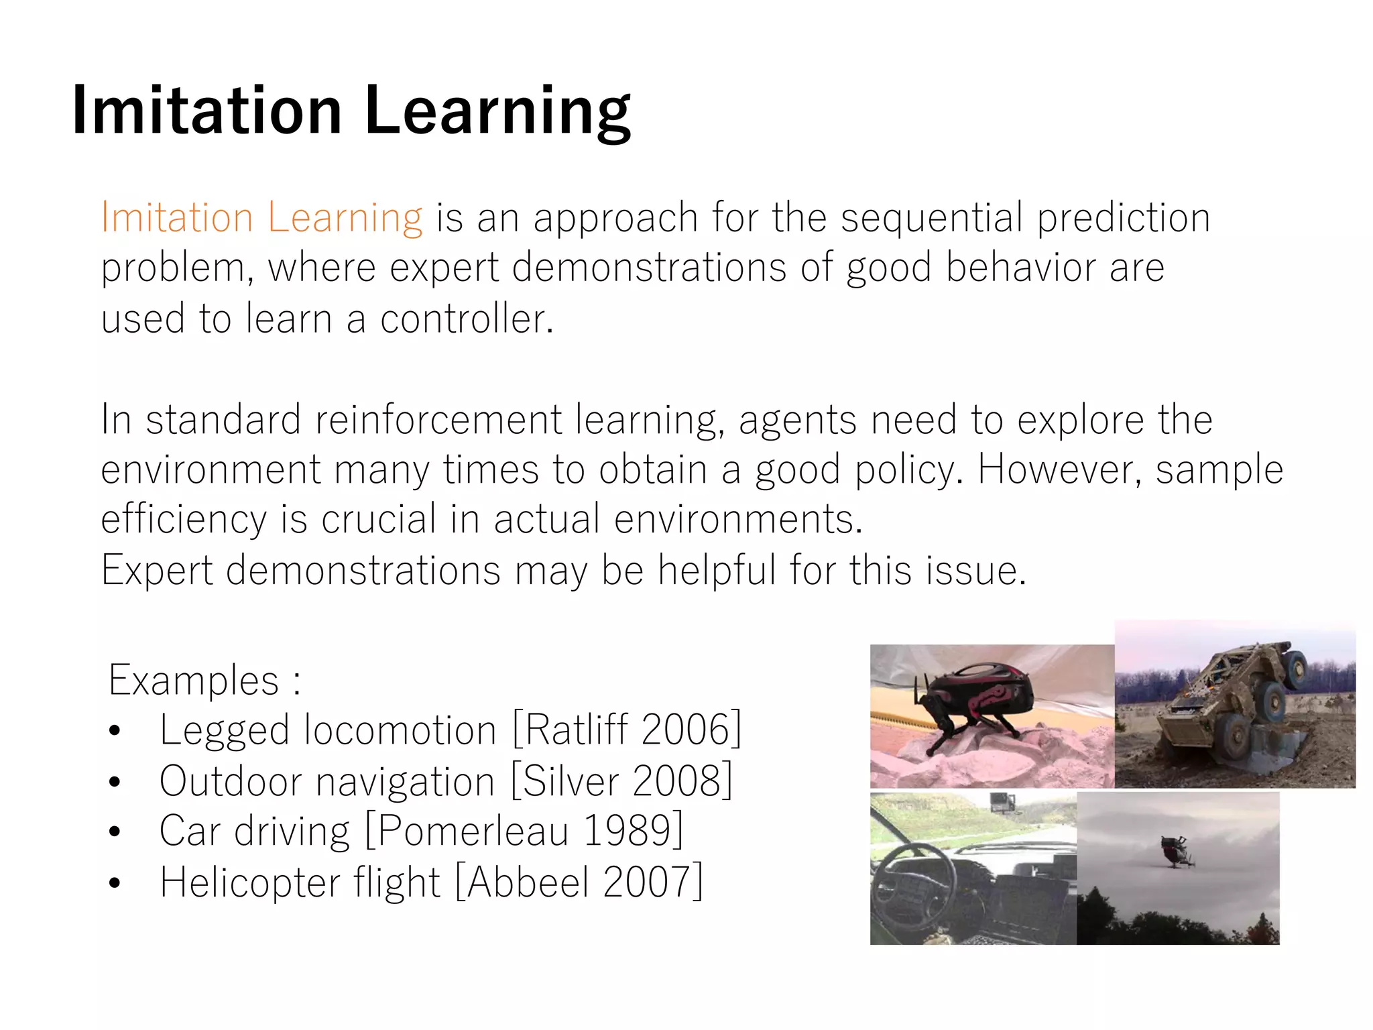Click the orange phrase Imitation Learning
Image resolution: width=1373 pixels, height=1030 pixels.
pos(261,218)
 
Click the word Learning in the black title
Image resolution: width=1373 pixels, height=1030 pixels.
pos(497,111)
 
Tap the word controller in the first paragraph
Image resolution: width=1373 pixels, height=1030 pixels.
pos(467,319)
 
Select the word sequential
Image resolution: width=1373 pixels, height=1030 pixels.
pos(931,218)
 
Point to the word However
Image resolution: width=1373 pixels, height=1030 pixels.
pos(1059,469)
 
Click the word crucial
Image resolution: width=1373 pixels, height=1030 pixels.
pos(379,519)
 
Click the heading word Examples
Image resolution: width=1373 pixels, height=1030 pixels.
pos(194,680)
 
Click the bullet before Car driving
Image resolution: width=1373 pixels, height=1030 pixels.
pos(115,832)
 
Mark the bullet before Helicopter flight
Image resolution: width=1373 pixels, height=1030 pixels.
pos(115,883)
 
